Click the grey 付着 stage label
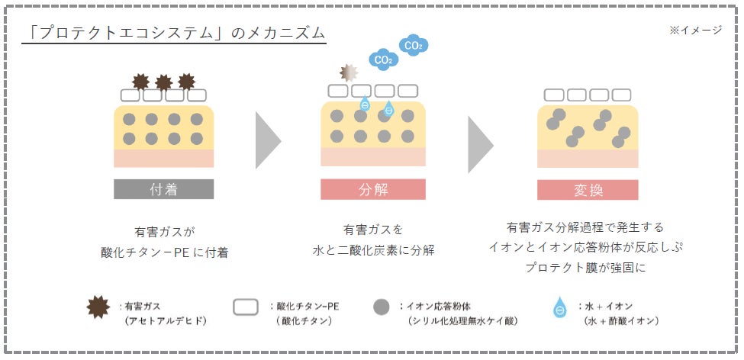tap(164, 189)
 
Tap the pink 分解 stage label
tap(373, 189)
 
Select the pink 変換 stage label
tap(588, 190)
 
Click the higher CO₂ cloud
tap(414, 46)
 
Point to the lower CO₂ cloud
tap(383, 59)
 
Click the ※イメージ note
tap(695, 30)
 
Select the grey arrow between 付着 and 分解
tap(268, 140)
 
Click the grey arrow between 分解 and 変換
tap(481, 144)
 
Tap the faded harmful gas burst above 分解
tap(349, 72)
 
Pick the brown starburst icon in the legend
tap(98, 307)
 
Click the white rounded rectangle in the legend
tap(245, 307)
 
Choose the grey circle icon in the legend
tap(382, 307)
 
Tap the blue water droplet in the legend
tap(560, 307)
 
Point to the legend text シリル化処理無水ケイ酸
tap(462, 320)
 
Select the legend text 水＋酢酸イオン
tap(622, 320)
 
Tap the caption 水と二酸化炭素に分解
tap(373, 250)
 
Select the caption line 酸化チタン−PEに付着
tap(164, 252)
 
